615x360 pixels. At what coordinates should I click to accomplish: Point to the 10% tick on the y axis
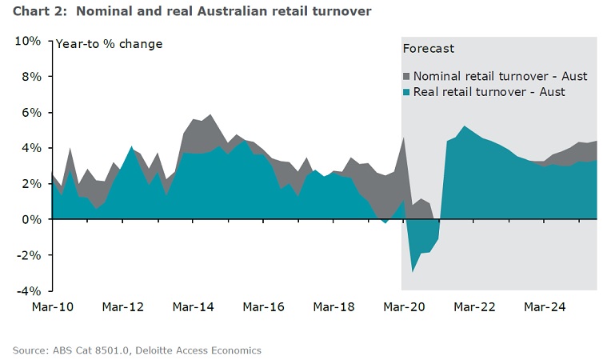click(x=28, y=41)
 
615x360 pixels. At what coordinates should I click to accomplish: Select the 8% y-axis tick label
click(x=31, y=77)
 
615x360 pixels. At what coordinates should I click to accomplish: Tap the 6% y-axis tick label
click(x=31, y=113)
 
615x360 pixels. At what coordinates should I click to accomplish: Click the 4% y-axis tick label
click(x=31, y=148)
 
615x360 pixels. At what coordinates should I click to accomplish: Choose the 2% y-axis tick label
click(x=31, y=184)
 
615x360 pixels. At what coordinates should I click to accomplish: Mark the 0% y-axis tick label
click(x=31, y=219)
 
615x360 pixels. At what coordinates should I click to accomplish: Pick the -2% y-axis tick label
click(x=30, y=255)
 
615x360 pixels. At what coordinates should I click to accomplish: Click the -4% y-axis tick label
click(x=30, y=290)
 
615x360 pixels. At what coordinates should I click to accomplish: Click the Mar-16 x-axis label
click(x=264, y=306)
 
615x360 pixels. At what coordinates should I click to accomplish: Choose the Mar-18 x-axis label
click(x=333, y=306)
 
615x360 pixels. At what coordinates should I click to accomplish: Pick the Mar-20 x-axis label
click(x=404, y=306)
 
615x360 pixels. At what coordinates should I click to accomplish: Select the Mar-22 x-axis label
click(x=473, y=306)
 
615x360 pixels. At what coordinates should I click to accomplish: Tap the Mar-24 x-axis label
click(x=544, y=306)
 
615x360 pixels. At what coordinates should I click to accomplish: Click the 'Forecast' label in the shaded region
click(x=428, y=49)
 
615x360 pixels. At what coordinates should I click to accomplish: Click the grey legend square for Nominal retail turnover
click(x=406, y=76)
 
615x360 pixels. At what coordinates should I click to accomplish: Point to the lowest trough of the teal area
click(x=413, y=271)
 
